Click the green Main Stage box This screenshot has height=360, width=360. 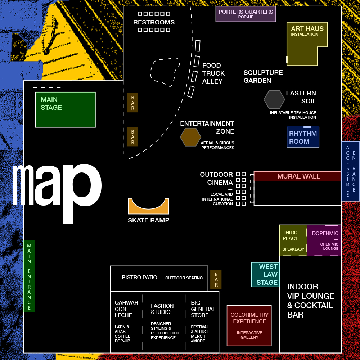65,110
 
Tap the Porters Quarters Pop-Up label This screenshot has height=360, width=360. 246,14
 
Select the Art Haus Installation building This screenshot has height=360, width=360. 307,44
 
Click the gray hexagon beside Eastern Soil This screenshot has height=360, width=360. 274,99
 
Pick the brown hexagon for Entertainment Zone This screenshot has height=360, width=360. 190,137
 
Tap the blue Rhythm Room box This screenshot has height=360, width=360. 303,137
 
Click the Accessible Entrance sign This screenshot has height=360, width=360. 351,171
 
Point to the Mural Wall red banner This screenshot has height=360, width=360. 297,176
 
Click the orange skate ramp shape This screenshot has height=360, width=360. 149,206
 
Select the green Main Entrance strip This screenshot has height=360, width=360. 29,276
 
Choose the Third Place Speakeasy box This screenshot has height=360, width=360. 293,240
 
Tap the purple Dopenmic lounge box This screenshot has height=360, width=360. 324,240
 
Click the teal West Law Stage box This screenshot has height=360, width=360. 265,275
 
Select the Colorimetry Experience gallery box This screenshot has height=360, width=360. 249,325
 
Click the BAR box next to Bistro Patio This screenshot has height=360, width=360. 216,279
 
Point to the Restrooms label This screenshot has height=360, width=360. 154,22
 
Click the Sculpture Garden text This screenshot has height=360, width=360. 263,77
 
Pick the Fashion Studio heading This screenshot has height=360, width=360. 162,309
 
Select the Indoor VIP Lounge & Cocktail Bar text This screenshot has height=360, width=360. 310,301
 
